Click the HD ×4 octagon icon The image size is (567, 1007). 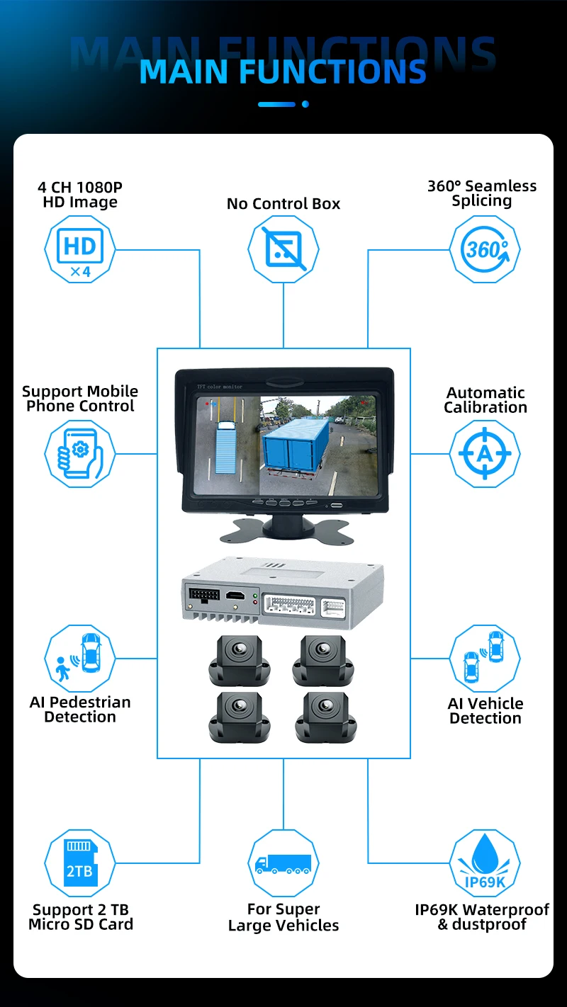pyautogui.click(x=80, y=249)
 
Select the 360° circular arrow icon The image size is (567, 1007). pyautogui.click(x=485, y=249)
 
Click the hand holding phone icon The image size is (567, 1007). pyautogui.click(x=80, y=454)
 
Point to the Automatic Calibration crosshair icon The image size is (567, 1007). pyautogui.click(x=485, y=454)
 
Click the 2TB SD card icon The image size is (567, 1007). pyautogui.click(x=80, y=863)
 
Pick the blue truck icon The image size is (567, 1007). pyautogui.click(x=283, y=863)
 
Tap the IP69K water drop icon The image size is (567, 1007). pyautogui.click(x=485, y=863)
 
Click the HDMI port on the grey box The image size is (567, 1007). pyautogui.click(x=235, y=596)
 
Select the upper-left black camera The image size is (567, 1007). pyautogui.click(x=240, y=661)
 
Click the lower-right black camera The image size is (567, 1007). pyautogui.click(x=326, y=717)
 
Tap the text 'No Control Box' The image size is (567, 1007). pyautogui.click(x=283, y=204)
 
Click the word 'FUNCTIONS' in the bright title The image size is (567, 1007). pyautogui.click(x=332, y=72)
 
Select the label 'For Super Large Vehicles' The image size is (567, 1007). pyautogui.click(x=283, y=917)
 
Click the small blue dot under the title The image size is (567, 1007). pyautogui.click(x=305, y=104)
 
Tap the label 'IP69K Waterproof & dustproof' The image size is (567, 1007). pyautogui.click(x=482, y=916)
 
